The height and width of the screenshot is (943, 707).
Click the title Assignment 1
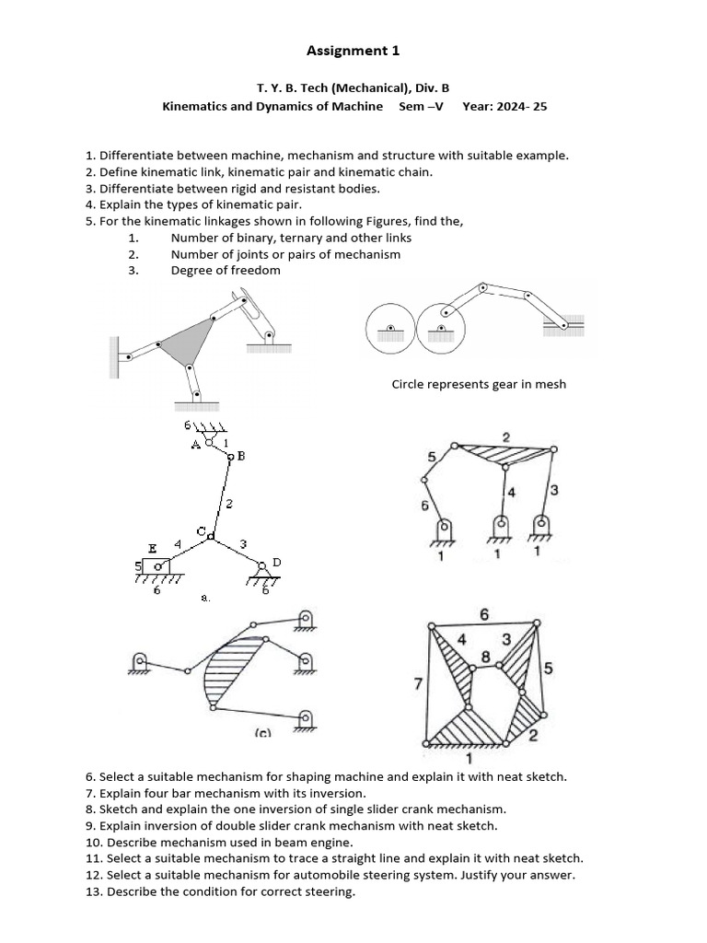[353, 51]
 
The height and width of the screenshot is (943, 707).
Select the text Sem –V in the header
[422, 106]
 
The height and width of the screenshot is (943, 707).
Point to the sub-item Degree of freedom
[226, 270]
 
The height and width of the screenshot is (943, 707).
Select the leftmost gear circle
[391, 331]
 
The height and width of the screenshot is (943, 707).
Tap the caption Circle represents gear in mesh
[479, 384]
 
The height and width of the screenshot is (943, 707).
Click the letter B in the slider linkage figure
[241, 456]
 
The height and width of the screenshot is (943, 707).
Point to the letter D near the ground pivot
[276, 562]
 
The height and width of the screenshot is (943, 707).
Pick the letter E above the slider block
[153, 548]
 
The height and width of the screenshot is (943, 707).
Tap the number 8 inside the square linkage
[485, 657]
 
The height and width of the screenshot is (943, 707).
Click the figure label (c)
[262, 733]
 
